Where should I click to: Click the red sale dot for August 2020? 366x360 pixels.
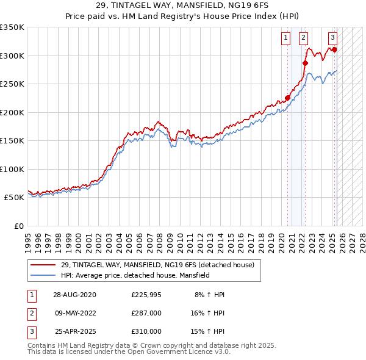[x=287, y=98]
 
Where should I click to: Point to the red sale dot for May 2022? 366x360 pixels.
[x=306, y=63]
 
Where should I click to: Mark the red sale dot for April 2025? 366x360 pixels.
[x=335, y=49]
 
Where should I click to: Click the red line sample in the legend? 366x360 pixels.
[x=43, y=265]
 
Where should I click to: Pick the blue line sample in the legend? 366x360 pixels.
[x=43, y=275]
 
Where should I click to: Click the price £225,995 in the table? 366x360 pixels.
[x=146, y=295]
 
